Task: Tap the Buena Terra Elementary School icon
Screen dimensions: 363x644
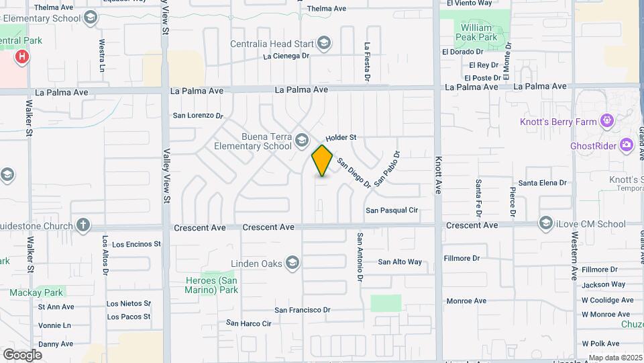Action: click(x=301, y=140)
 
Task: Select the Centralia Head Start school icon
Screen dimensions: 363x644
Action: click(x=324, y=44)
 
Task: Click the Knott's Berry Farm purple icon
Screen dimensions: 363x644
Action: click(x=607, y=122)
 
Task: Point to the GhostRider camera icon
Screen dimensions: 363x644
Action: click(x=627, y=145)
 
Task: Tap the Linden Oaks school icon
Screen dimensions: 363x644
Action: click(x=292, y=262)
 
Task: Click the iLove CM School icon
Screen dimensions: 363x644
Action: click(x=545, y=223)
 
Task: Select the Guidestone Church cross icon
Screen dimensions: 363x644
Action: click(x=83, y=225)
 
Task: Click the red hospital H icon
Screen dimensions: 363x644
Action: click(x=22, y=57)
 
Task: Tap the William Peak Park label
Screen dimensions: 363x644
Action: click(x=478, y=32)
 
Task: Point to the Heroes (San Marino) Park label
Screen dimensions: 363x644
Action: click(x=212, y=285)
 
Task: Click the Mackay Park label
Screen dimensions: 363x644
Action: click(x=36, y=292)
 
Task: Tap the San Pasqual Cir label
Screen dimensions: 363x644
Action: click(x=392, y=210)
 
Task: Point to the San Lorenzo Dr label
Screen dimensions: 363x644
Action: click(x=198, y=116)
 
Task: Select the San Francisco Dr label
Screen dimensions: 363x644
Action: click(x=303, y=310)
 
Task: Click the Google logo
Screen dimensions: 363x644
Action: click(x=22, y=354)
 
